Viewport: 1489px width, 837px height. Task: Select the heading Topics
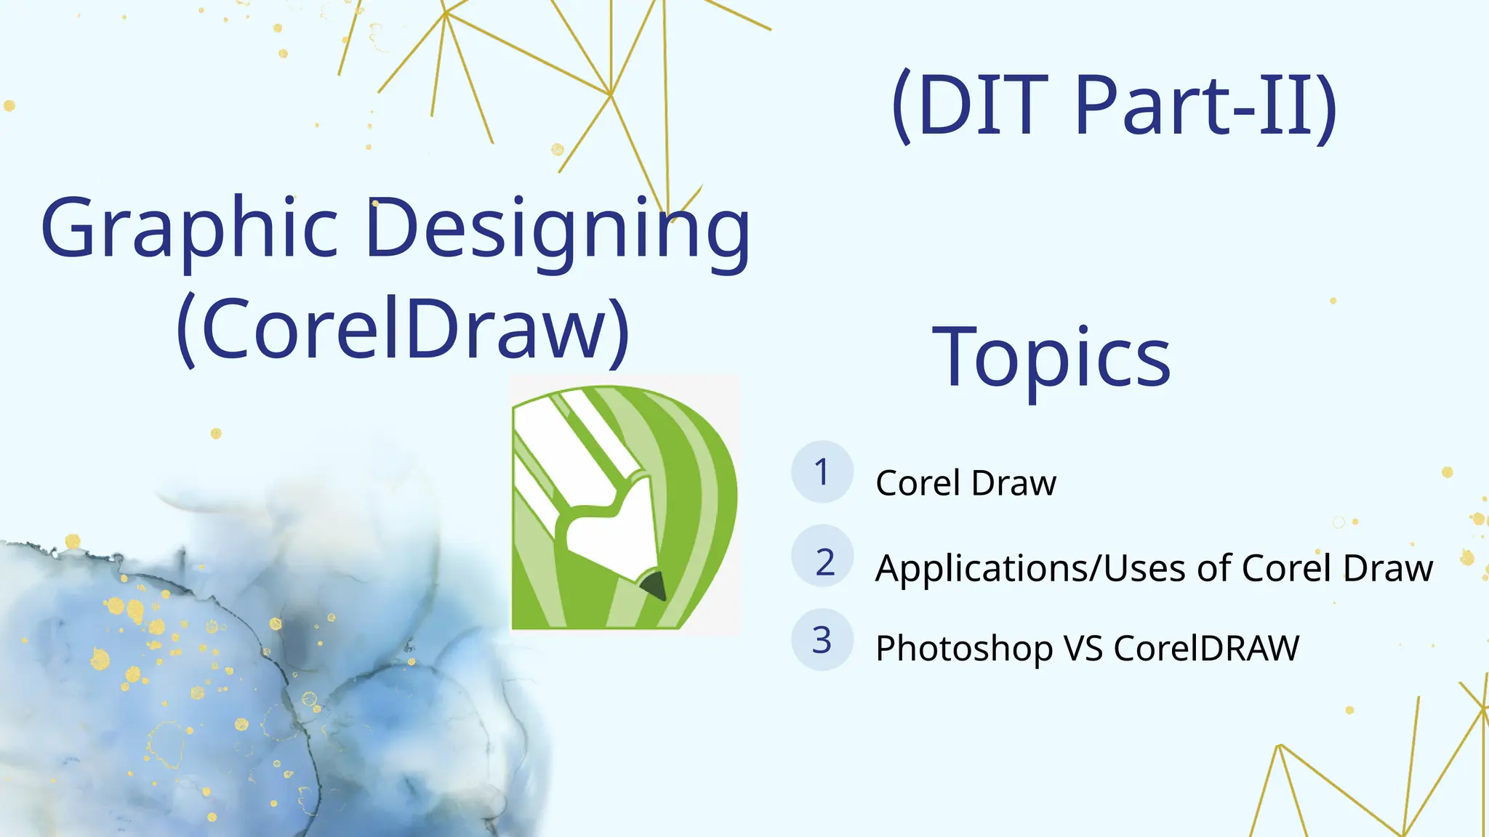(x=1051, y=357)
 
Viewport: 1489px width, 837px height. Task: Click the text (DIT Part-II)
(x=1114, y=106)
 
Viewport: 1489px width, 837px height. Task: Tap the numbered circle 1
(x=822, y=472)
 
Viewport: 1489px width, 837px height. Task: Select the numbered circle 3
(x=822, y=639)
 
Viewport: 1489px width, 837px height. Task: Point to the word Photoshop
(x=963, y=649)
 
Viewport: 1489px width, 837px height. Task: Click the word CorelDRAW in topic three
(x=1205, y=648)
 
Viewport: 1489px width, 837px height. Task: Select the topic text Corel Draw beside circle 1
(x=966, y=483)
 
